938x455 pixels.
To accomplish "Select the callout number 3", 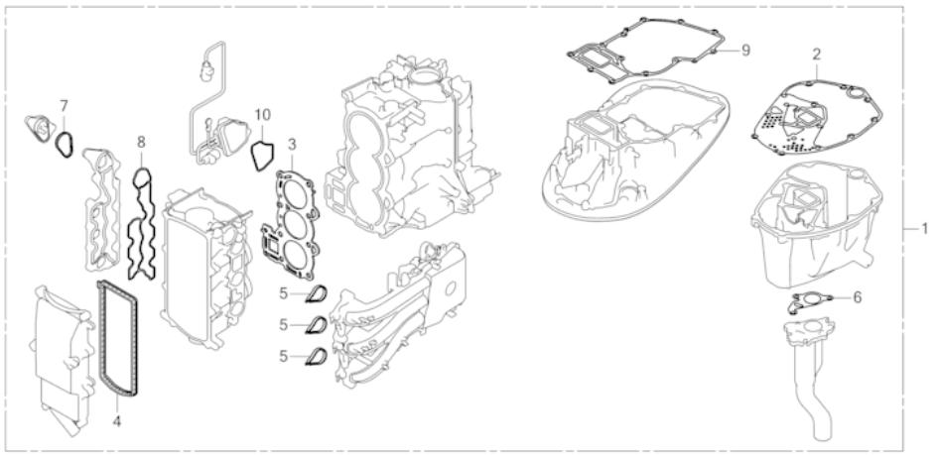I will pos(292,145).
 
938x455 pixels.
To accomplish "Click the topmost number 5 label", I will pos(285,293).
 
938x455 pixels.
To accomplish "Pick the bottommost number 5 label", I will pos(285,354).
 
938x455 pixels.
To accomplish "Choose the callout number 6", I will pos(858,295).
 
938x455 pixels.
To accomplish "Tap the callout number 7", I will pos(64,104).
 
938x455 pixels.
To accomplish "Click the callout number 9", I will pos(744,49).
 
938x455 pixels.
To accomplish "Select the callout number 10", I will pos(262,115).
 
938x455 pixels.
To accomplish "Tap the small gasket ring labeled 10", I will pos(260,156).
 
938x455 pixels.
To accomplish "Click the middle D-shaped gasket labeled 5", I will pos(316,324).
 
